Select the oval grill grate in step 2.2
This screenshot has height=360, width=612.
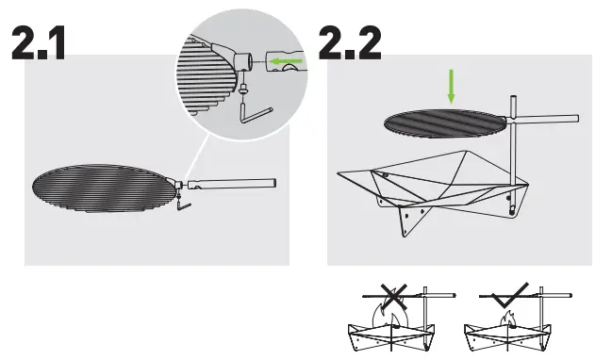[443, 122]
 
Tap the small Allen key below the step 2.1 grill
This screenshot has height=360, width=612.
[183, 202]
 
